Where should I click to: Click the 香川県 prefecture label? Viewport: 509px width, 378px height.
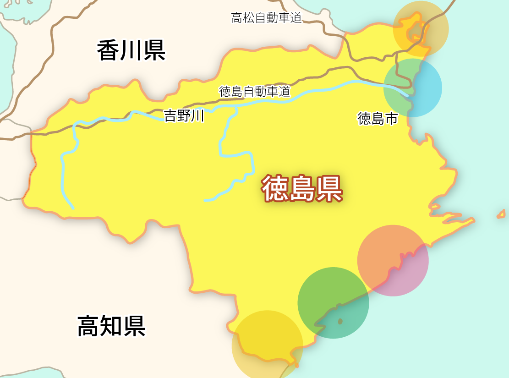coord(131,50)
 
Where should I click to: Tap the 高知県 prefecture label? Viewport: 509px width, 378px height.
coord(111,326)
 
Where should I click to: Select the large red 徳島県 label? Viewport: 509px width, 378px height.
coord(302,188)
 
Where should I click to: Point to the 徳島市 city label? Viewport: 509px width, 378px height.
coord(378,119)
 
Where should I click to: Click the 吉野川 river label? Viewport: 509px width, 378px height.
coord(184,116)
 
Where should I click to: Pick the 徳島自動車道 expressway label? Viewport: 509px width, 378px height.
coord(255,92)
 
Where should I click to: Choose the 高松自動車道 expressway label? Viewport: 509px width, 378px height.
coord(266,18)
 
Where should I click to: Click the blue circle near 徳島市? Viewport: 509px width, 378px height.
coord(413,88)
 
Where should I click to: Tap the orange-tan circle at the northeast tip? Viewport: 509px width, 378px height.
coord(421,28)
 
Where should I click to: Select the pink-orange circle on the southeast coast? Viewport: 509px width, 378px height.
coord(393,260)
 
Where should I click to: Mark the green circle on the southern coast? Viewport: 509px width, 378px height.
coord(333,303)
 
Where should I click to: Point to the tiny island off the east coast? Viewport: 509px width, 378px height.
coord(501,214)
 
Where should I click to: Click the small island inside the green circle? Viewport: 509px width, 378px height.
coord(340,322)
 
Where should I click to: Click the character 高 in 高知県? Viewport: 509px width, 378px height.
coord(88,326)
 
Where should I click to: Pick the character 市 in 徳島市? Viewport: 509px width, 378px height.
coord(391,119)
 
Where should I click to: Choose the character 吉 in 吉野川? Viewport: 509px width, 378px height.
coord(170,116)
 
